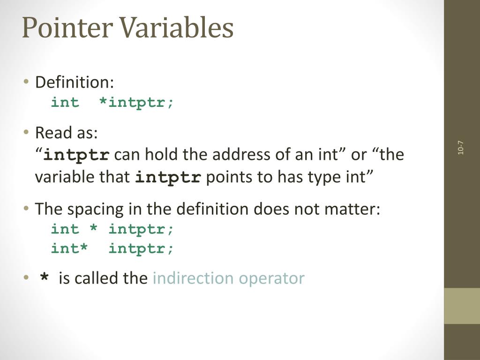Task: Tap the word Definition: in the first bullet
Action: click(x=75, y=82)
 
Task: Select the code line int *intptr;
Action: click(x=112, y=102)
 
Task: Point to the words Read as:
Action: click(x=67, y=133)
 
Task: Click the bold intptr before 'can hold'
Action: click(x=76, y=155)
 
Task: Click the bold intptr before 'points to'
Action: click(x=168, y=178)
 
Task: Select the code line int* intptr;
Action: click(x=112, y=248)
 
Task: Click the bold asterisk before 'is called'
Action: click(x=45, y=279)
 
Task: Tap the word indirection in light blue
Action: click(x=193, y=278)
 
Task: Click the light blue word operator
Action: click(x=271, y=279)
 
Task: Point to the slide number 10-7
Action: click(x=461, y=148)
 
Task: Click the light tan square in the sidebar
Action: click(x=462, y=306)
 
